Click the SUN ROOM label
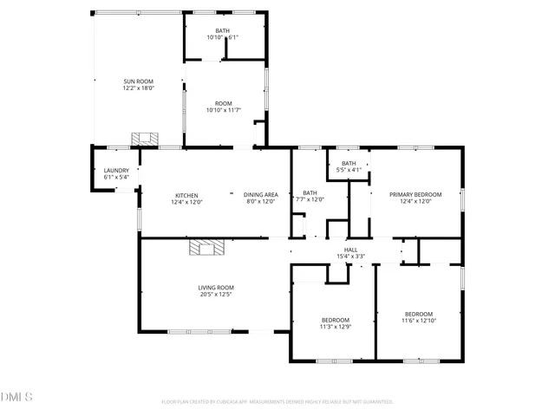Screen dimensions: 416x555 point(138,81)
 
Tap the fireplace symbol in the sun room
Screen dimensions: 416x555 point(145,139)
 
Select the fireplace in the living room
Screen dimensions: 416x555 point(206,248)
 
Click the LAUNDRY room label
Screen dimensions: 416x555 point(116,171)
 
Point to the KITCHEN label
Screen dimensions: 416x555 point(186,195)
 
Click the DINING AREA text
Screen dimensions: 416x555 point(260,195)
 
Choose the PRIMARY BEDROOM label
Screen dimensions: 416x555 point(415,195)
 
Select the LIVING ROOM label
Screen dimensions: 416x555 point(216,288)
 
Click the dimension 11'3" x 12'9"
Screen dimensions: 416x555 point(335,327)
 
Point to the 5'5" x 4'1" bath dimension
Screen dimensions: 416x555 point(349,170)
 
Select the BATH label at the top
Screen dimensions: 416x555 point(223,31)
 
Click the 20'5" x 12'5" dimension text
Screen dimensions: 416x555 point(216,295)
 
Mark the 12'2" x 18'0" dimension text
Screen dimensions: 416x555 point(138,88)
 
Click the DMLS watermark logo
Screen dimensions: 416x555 point(16,398)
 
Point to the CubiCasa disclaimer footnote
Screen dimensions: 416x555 point(277,402)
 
